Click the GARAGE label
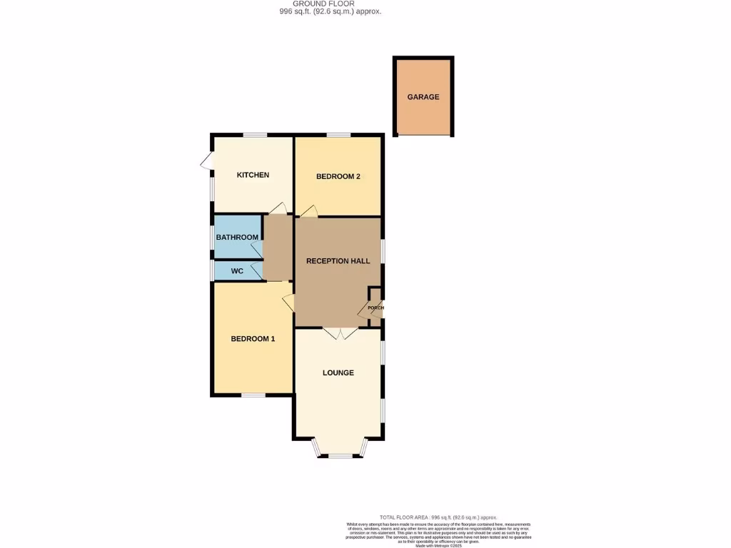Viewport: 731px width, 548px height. (x=423, y=97)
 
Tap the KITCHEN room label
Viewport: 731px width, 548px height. (x=253, y=175)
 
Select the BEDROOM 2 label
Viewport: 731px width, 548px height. (x=338, y=176)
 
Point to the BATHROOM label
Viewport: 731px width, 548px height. (x=237, y=238)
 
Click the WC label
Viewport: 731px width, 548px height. (x=237, y=271)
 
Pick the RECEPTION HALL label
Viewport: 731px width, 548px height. (x=338, y=261)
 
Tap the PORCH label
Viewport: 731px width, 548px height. (x=376, y=308)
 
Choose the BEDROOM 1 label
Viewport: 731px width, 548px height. (x=253, y=339)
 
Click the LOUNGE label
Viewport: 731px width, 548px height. (x=338, y=372)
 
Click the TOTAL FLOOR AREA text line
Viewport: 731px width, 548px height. (x=438, y=517)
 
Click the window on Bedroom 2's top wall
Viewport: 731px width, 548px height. (x=338, y=135)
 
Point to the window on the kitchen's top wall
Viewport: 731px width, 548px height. (x=254, y=135)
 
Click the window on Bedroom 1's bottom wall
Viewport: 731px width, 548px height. (x=253, y=394)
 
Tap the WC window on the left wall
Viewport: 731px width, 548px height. (x=212, y=271)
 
